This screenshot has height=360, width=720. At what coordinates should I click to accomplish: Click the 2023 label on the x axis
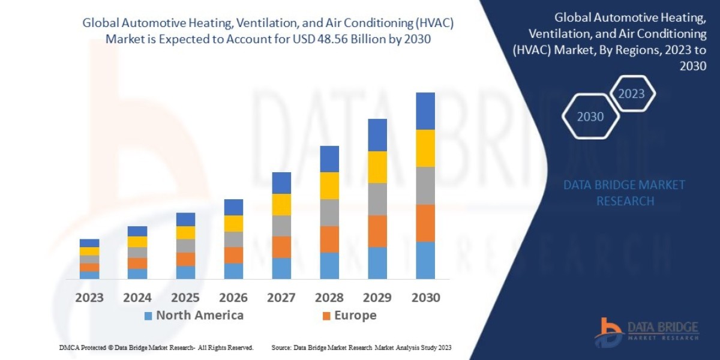89,298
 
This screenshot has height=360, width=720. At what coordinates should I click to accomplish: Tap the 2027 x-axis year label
281,298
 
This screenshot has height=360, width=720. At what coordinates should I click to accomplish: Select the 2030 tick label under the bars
425,298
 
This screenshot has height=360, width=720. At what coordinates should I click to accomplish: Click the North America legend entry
193,316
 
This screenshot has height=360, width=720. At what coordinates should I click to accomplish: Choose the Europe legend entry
349,316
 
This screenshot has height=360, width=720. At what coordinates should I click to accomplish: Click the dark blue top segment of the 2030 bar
425,111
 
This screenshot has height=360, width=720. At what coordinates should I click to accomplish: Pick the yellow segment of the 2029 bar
377,167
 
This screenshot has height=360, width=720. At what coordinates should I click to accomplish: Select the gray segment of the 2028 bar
329,212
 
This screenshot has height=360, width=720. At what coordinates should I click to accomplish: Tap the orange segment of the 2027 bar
281,247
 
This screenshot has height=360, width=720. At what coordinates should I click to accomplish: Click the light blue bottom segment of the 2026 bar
233,271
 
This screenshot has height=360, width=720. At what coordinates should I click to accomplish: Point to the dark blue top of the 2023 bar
89,243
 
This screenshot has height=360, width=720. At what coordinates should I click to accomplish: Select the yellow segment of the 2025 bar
185,232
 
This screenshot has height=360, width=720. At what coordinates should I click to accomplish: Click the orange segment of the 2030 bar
425,223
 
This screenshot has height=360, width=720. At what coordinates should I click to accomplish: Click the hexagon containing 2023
631,94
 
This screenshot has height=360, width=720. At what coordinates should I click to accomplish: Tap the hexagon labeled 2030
590,116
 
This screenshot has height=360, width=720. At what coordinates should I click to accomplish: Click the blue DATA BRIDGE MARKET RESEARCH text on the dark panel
625,193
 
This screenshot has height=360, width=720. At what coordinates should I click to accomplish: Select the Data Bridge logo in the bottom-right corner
647,331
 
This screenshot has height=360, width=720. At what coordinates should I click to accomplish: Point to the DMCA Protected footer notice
157,347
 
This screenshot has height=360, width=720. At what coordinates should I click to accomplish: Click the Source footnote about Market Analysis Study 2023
361,347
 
